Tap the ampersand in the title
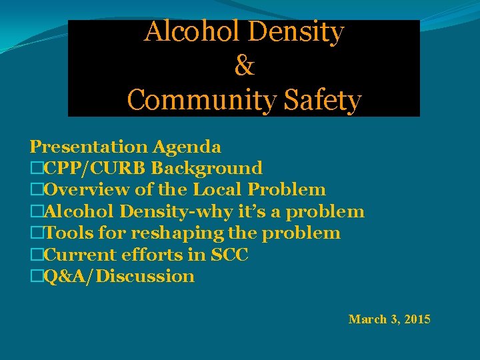pyautogui.click(x=245, y=66)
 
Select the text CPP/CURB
pyautogui.click(x=95, y=168)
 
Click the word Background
pyautogui.click(x=207, y=168)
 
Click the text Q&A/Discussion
pyautogui.click(x=119, y=276)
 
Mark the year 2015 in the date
pyautogui.click(x=417, y=319)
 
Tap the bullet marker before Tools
pyautogui.click(x=36, y=233)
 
